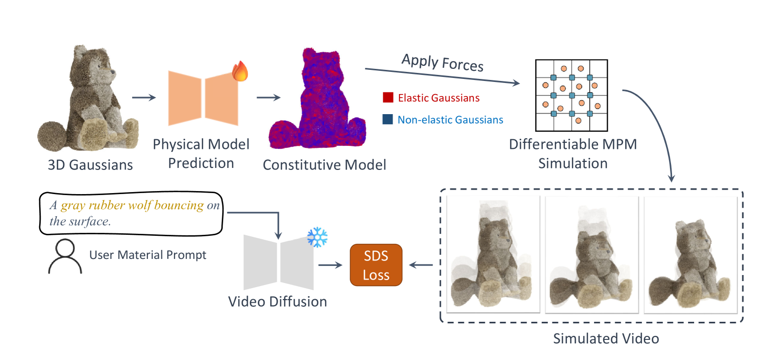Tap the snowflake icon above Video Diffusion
coord(317,236)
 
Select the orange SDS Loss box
coord(376,265)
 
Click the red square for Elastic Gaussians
coord(388,98)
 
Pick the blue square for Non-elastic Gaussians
coord(388,120)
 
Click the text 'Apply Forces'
coord(442,63)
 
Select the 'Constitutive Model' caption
coord(324,164)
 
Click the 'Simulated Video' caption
coord(606,338)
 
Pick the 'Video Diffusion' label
coord(277,301)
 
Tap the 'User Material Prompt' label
coord(148,255)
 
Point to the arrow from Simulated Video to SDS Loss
coord(421,265)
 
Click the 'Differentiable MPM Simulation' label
coord(572,153)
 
